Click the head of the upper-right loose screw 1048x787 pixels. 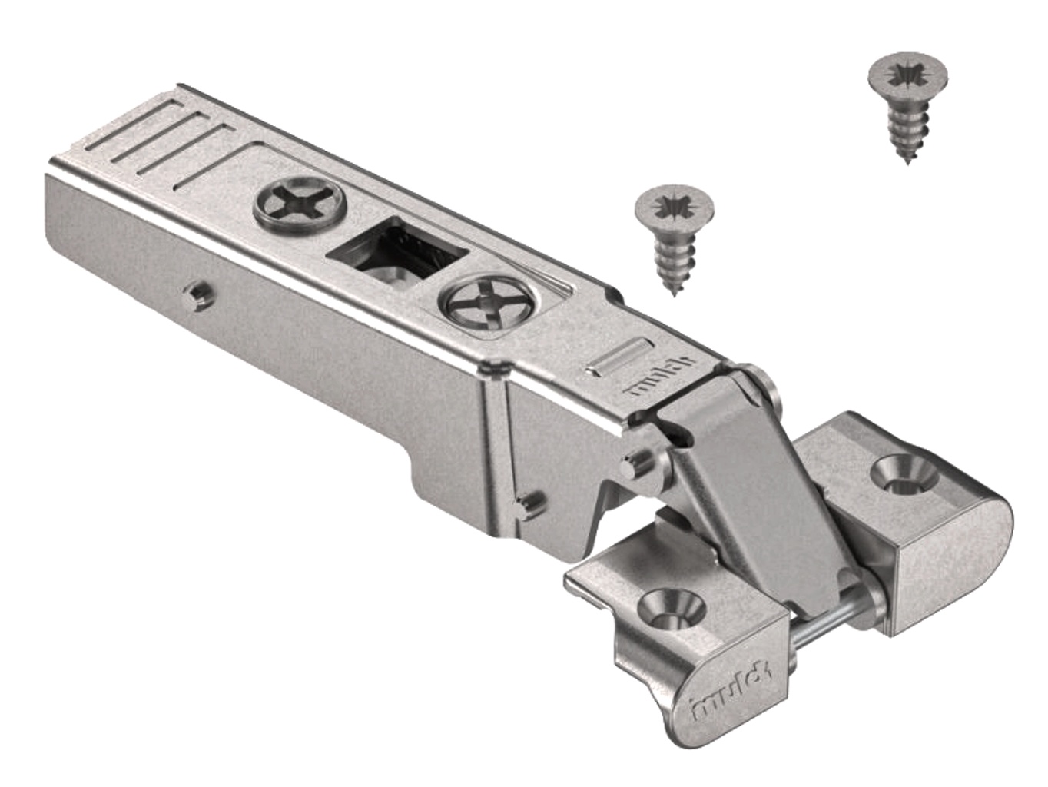pos(906,78)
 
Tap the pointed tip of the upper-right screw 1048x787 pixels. pos(908,162)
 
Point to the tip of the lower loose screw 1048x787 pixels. pos(674,294)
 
